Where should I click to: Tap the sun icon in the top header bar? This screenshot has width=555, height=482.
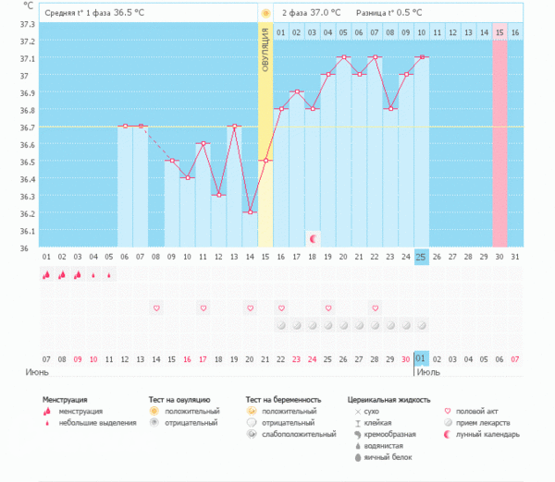click(265, 13)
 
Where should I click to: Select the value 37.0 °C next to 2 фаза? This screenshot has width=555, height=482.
click(325, 13)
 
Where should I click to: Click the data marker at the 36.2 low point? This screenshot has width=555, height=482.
click(250, 212)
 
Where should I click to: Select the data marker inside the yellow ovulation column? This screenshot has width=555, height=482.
click(265, 161)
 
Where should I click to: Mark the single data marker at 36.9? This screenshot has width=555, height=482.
click(297, 91)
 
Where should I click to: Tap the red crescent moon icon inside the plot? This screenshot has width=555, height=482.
click(313, 238)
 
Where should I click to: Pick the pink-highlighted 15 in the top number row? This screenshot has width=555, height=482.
click(499, 32)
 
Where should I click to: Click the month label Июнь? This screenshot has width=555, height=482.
click(37, 372)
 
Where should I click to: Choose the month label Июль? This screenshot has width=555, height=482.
click(427, 372)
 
